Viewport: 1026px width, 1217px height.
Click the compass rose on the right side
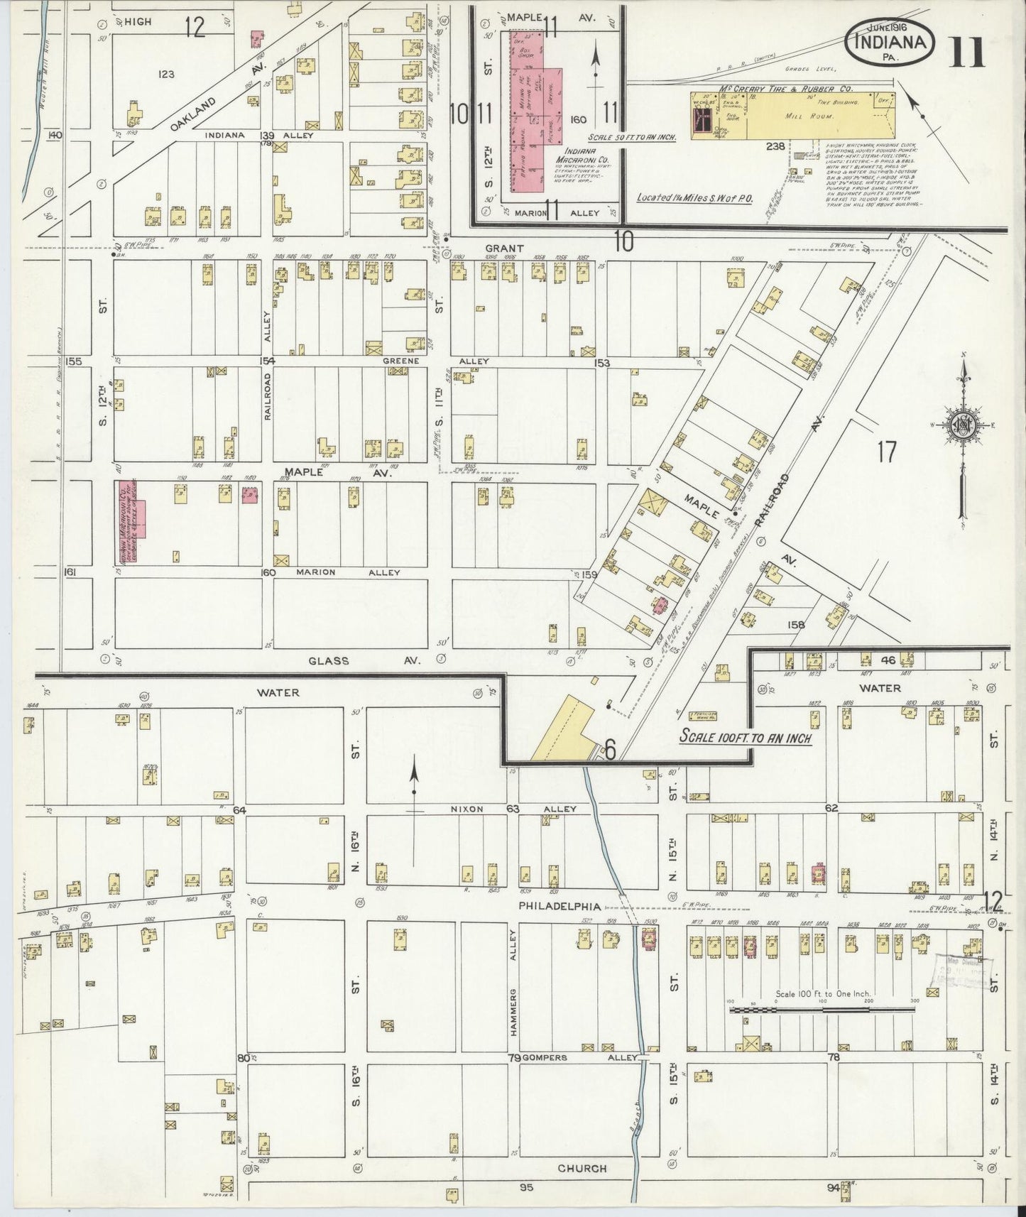pos(962,426)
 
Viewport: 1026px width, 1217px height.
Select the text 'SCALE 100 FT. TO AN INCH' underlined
pos(745,736)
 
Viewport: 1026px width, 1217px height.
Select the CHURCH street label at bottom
pos(582,1168)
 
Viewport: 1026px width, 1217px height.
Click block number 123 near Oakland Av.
pos(168,74)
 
